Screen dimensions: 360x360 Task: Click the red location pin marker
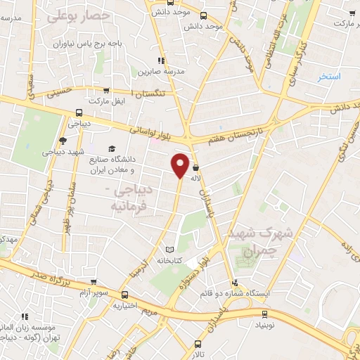pos(181,165)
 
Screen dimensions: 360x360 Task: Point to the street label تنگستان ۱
pos(154,94)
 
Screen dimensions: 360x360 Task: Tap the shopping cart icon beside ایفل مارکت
pos(105,90)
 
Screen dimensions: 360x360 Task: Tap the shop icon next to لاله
pos(195,168)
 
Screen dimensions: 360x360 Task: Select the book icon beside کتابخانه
pos(168,249)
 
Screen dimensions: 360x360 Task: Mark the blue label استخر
pos(328,76)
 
